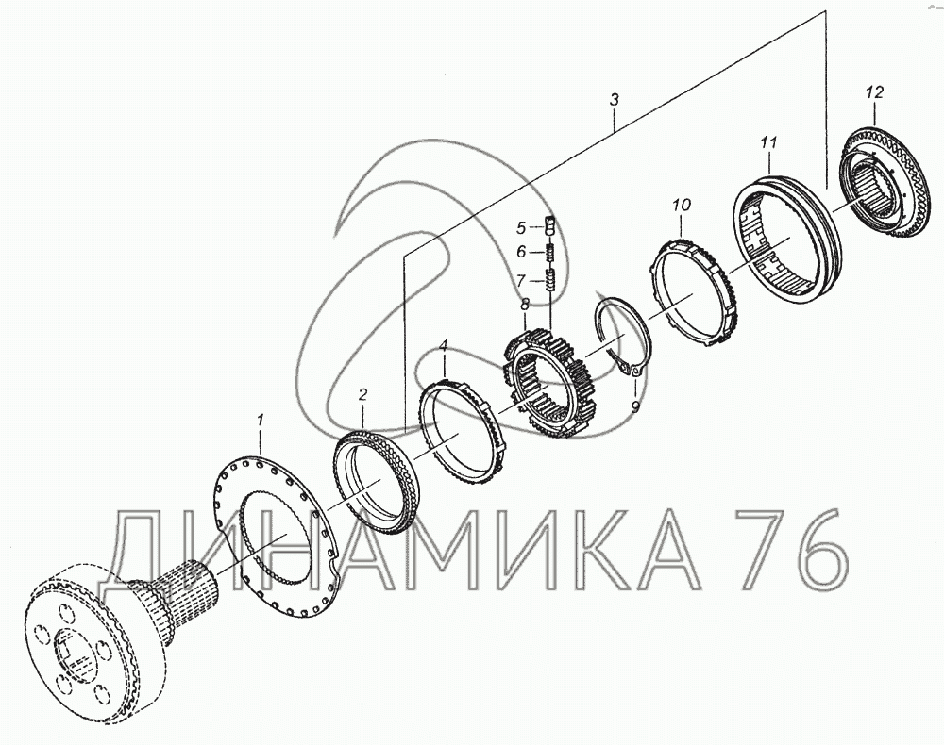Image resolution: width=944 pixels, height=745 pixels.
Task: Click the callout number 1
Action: tap(261, 420)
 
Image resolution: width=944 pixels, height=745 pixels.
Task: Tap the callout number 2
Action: tap(362, 394)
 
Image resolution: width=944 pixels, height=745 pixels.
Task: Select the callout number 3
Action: tap(614, 100)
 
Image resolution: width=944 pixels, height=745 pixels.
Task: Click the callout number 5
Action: tap(521, 228)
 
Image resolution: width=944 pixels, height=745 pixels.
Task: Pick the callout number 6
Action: tap(521, 252)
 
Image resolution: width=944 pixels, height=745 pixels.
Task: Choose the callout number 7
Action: tap(521, 280)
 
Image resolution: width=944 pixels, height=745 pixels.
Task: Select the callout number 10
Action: tap(682, 205)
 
